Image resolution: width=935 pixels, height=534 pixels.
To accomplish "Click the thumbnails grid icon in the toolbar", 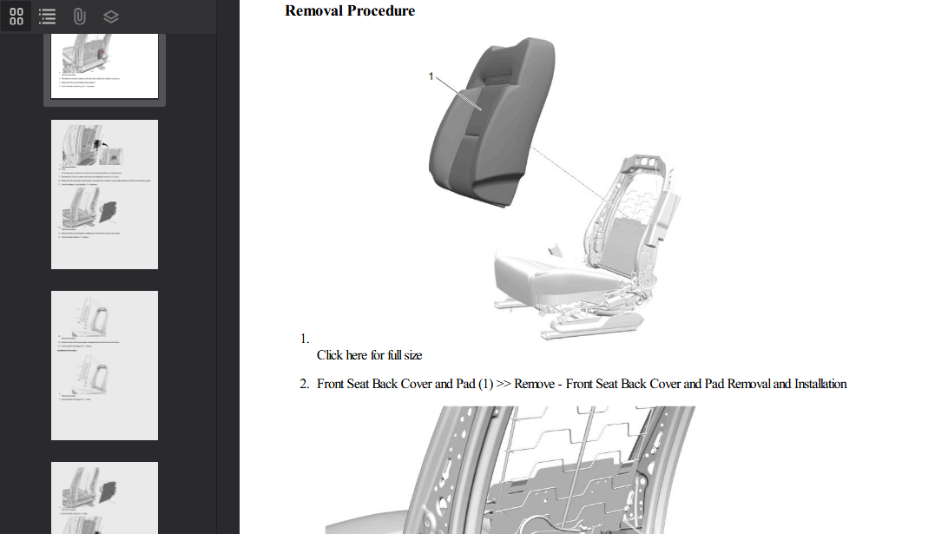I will tap(16, 16).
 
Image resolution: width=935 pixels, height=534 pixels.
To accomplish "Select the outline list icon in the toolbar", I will tap(47, 16).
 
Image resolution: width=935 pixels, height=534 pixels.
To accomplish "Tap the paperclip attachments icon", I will tap(78, 16).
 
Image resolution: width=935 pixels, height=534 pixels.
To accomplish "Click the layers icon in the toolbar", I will tap(110, 16).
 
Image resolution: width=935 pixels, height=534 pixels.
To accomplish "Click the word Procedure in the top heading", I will tap(381, 11).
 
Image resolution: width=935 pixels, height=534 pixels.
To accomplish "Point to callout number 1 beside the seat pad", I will tap(431, 76).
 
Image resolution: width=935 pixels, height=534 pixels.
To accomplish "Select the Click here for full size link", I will tap(369, 355).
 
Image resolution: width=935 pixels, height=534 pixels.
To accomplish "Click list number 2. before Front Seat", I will tap(305, 384).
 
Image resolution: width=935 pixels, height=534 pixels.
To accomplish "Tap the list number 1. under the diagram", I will tap(305, 339).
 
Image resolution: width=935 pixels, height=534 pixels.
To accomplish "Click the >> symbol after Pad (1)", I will tap(503, 384).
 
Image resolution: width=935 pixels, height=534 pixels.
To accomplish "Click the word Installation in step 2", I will tap(820, 384).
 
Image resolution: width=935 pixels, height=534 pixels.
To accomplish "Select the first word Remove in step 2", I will tap(534, 384).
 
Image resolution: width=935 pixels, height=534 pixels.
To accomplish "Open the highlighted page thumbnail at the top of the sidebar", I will tap(104, 66).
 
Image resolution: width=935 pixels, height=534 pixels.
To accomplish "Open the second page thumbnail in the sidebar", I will tap(104, 194).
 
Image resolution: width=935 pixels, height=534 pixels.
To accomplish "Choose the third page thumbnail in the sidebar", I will tap(104, 365).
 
